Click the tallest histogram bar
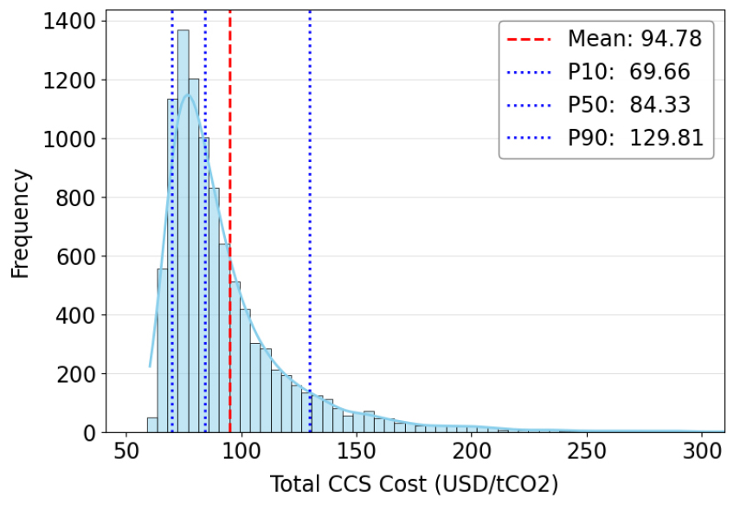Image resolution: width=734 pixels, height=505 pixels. [x=183, y=234]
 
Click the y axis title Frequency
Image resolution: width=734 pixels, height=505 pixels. [x=21, y=223]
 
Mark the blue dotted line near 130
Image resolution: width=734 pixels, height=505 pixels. [x=310, y=217]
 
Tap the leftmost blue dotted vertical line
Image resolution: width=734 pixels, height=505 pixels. [x=172, y=52]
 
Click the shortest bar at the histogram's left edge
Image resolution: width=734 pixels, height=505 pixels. [x=152, y=425]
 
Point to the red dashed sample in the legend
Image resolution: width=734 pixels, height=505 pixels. [x=529, y=38]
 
